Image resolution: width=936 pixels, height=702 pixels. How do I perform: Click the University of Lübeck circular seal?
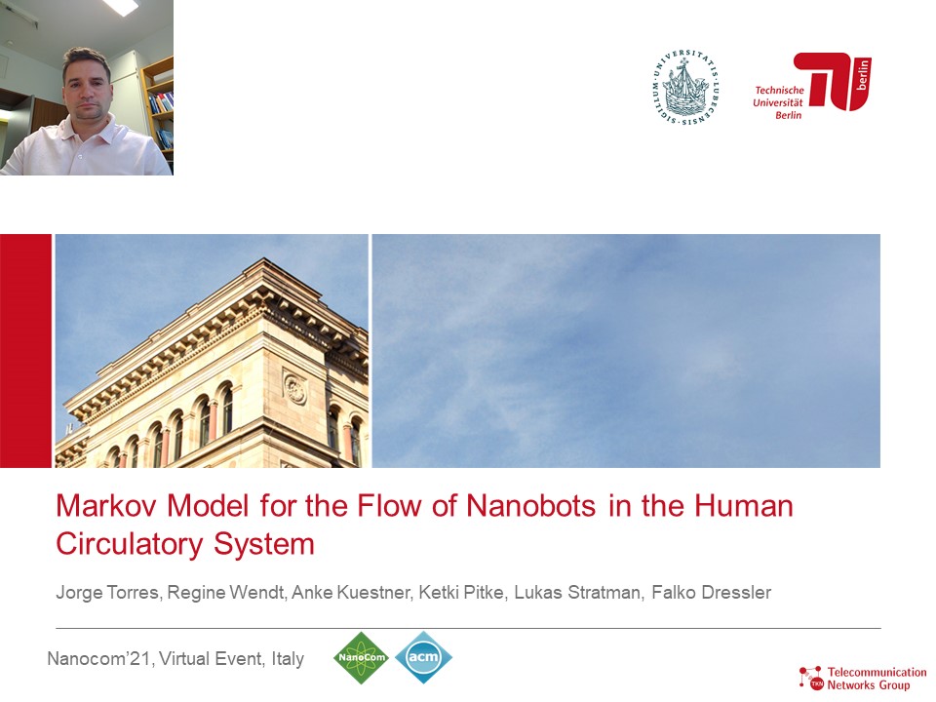coord(684,88)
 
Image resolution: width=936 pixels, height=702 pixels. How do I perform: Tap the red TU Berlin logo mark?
coord(832,81)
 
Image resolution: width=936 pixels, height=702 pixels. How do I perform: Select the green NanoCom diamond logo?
coord(361,658)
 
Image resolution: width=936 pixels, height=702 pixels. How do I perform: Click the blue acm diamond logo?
coord(423,657)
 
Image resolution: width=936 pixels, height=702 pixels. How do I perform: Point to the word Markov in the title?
coord(106,506)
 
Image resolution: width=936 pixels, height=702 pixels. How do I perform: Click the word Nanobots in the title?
coord(530,506)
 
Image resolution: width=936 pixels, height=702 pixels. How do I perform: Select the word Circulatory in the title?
coord(130,544)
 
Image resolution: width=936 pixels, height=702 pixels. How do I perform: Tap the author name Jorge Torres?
coord(107,593)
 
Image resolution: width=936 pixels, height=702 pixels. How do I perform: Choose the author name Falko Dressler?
coord(712,592)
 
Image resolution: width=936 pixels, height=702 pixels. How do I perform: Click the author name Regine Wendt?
coord(225,593)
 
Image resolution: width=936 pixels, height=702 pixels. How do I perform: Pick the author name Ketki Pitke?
coord(461,593)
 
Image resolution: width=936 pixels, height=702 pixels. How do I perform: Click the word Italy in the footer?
coord(288,658)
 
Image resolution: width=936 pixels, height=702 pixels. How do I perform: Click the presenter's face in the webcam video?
coord(87,87)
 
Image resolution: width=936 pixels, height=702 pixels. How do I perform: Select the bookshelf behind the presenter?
coord(158,101)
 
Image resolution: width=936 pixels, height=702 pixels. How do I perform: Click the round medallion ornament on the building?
coord(294,389)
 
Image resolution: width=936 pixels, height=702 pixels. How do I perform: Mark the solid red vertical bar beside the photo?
coord(25,351)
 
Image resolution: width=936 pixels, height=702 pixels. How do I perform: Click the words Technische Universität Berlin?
coord(778,102)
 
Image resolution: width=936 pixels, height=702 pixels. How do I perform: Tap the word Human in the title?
coord(743,506)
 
